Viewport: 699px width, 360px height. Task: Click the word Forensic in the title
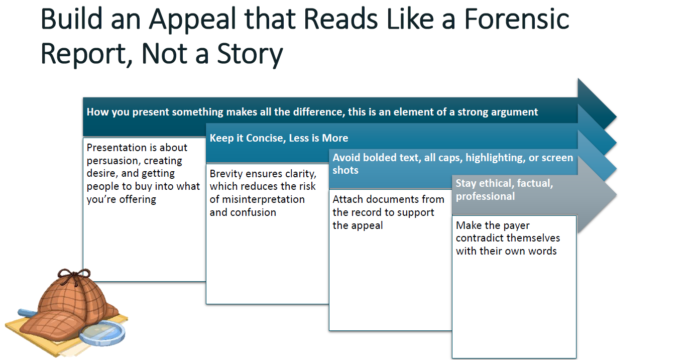[x=516, y=19]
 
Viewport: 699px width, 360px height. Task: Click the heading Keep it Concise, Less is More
[x=279, y=138]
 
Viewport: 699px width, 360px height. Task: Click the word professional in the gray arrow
[x=485, y=196]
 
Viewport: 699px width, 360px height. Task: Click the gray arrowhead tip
[x=616, y=195]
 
